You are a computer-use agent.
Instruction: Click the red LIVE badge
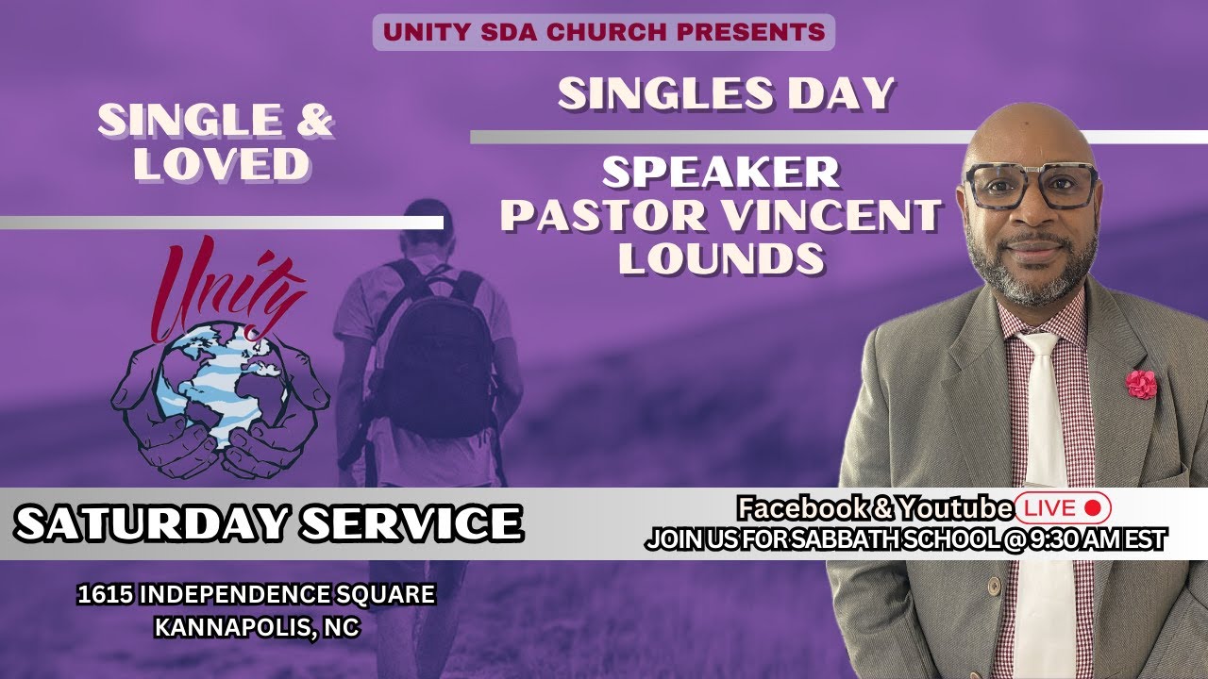(x=1063, y=508)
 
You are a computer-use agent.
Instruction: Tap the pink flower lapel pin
(x=1141, y=384)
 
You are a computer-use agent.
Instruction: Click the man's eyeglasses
(x=1030, y=187)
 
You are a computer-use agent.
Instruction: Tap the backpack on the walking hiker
(x=437, y=348)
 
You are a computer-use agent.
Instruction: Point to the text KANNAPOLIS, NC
(x=256, y=628)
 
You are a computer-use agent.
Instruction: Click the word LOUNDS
(x=721, y=257)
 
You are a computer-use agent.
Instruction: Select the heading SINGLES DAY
(x=725, y=93)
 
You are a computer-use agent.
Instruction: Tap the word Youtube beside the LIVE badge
(x=954, y=508)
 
